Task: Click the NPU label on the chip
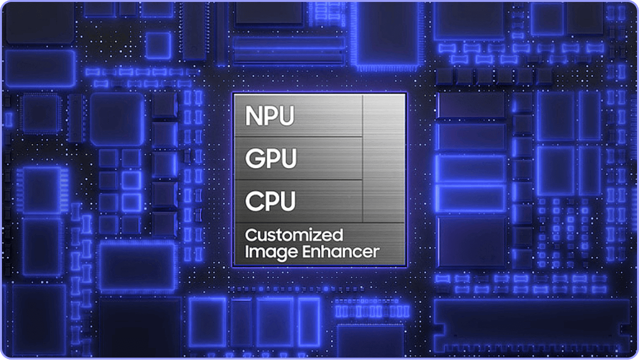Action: pos(270,116)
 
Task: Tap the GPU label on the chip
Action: pos(270,158)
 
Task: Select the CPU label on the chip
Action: pos(270,201)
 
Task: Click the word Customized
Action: pos(294,235)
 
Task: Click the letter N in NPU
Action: pos(252,116)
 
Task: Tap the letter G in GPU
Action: pos(254,158)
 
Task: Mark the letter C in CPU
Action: pos(253,201)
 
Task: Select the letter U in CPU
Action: pos(288,201)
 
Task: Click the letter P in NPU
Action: pos(270,116)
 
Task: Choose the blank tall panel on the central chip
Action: pos(384,158)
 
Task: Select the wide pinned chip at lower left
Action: pos(137,267)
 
